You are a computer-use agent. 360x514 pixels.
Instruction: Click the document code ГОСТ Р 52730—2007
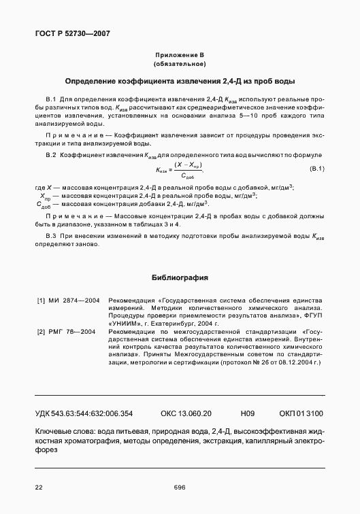pyautogui.click(x=71, y=33)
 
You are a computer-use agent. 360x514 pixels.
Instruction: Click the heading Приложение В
pyautogui.click(x=180, y=54)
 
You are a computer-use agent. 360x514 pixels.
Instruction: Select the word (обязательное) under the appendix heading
pyautogui.click(x=180, y=63)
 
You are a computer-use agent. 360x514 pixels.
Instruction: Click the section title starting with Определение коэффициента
pyautogui.click(x=180, y=81)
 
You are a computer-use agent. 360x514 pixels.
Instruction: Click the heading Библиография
pyautogui.click(x=180, y=278)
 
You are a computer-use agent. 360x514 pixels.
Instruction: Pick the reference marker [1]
pyautogui.click(x=40, y=300)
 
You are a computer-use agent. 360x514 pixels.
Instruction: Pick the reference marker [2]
pyautogui.click(x=40, y=330)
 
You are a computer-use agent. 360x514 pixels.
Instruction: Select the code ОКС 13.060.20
pyautogui.click(x=186, y=413)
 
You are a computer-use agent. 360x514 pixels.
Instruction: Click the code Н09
pyautogui.click(x=247, y=413)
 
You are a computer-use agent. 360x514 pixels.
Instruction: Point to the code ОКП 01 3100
pyautogui.click(x=301, y=413)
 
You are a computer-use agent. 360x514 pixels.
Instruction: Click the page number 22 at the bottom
pyautogui.click(x=39, y=487)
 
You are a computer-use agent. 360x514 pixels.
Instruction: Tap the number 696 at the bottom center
pyautogui.click(x=180, y=487)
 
